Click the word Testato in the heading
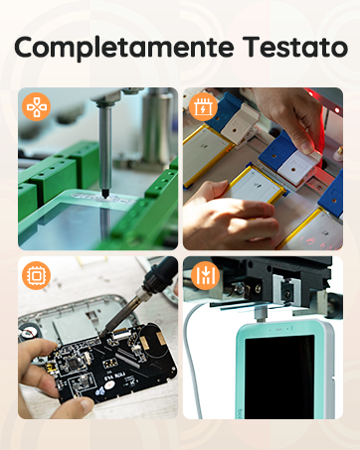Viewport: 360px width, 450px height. (x=285, y=47)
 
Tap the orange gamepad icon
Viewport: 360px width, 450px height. (x=36, y=105)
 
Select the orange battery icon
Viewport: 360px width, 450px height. (x=202, y=105)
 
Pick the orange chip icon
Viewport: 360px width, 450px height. (x=36, y=275)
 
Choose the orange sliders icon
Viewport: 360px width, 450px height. (x=202, y=275)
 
